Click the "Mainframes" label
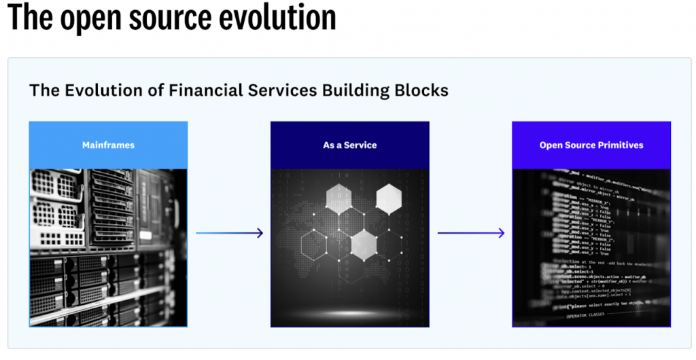tap(108, 145)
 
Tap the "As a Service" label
tap(349, 145)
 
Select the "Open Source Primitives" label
tap(591, 145)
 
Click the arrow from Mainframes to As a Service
tap(229, 233)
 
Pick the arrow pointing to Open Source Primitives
tap(471, 233)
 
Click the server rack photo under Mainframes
tap(108, 248)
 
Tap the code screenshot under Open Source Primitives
tap(591, 248)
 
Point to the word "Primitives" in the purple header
tap(621, 145)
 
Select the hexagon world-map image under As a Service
tap(349, 248)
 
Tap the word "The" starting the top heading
tap(30, 18)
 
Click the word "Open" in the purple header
tap(551, 145)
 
